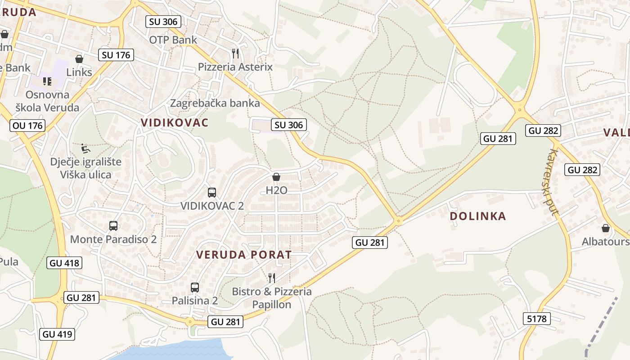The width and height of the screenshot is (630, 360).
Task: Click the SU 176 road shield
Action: pos(116,55)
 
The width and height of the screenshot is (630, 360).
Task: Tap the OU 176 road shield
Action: pos(28,125)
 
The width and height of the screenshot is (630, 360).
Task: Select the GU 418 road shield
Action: pos(64,263)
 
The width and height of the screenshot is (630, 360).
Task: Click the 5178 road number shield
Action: pos(537,319)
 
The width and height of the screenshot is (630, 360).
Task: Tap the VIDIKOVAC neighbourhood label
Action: pos(175,122)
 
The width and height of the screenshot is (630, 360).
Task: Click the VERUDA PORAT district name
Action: pos(244,255)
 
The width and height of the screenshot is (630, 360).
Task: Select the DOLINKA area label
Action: pos(478,216)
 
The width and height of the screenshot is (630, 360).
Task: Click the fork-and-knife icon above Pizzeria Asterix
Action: pos(235,54)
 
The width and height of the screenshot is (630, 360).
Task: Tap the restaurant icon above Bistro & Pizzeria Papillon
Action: pos(271,278)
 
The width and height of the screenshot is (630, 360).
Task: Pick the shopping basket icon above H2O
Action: pos(276,177)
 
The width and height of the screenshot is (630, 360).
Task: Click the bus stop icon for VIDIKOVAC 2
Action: pos(212,193)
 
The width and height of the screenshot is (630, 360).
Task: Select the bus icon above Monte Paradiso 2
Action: pos(113,226)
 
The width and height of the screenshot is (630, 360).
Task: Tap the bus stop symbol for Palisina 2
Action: pos(195,287)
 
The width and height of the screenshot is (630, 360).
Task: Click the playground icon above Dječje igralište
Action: pos(85,148)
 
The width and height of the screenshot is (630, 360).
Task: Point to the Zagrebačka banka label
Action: pos(215,103)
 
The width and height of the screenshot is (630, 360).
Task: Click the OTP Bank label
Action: pos(173,40)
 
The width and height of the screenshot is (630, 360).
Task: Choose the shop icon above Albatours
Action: pos(606,228)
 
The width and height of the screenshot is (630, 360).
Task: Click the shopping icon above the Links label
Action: pos(79,59)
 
